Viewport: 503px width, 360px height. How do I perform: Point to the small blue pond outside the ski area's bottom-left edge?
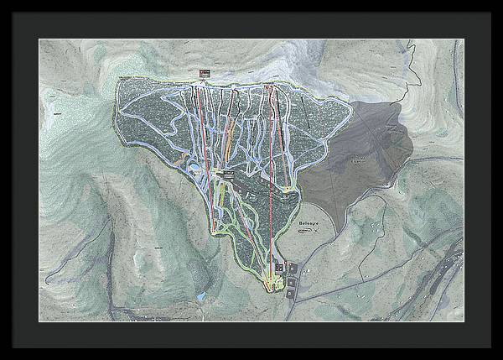click(202, 297)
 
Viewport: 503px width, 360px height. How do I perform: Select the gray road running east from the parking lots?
click(352, 277)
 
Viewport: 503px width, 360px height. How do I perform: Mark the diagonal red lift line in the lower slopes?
click(220, 201)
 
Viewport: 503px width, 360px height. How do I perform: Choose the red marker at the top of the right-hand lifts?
click(268, 84)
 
